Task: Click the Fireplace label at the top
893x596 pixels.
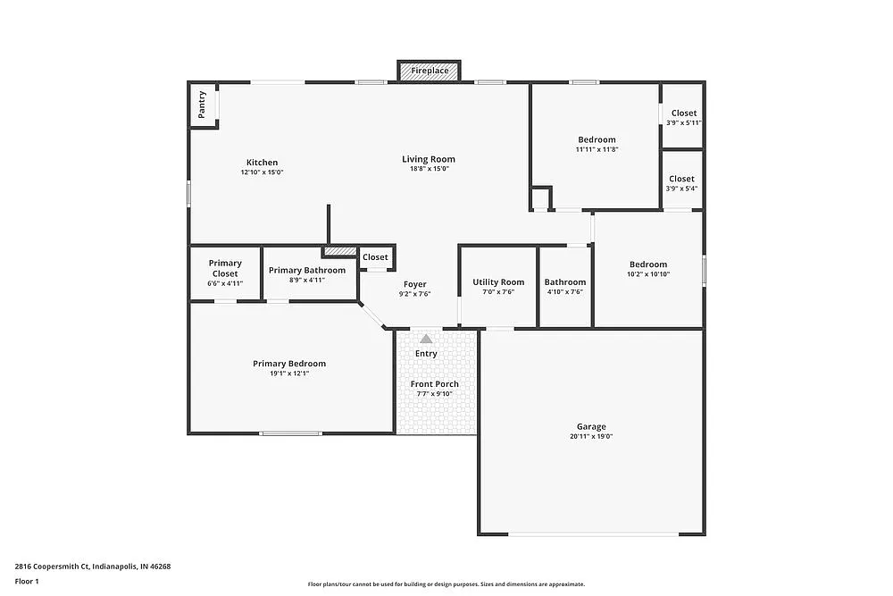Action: (430, 71)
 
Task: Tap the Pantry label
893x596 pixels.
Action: (203, 104)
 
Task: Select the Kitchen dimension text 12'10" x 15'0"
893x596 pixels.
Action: (262, 172)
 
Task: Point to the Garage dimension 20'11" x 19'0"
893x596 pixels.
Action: (590, 437)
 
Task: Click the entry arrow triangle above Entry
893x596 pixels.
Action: (426, 339)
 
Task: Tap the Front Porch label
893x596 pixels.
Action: (434, 384)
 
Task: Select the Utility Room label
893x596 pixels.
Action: (498, 282)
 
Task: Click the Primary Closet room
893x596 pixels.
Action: (225, 273)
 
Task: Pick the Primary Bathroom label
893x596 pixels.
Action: (306, 270)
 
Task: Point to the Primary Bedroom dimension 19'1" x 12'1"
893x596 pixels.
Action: (288, 374)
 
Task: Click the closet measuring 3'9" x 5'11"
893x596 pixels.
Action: (683, 117)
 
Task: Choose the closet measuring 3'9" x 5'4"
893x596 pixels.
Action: (681, 183)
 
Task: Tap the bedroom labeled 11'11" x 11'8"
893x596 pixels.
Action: (597, 144)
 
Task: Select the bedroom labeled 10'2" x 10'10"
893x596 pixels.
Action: (647, 268)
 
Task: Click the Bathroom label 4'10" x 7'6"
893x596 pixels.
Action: (564, 286)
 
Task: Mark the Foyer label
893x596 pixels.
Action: (414, 284)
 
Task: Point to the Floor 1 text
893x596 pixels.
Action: (27, 581)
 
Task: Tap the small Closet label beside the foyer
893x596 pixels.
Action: (375, 257)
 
